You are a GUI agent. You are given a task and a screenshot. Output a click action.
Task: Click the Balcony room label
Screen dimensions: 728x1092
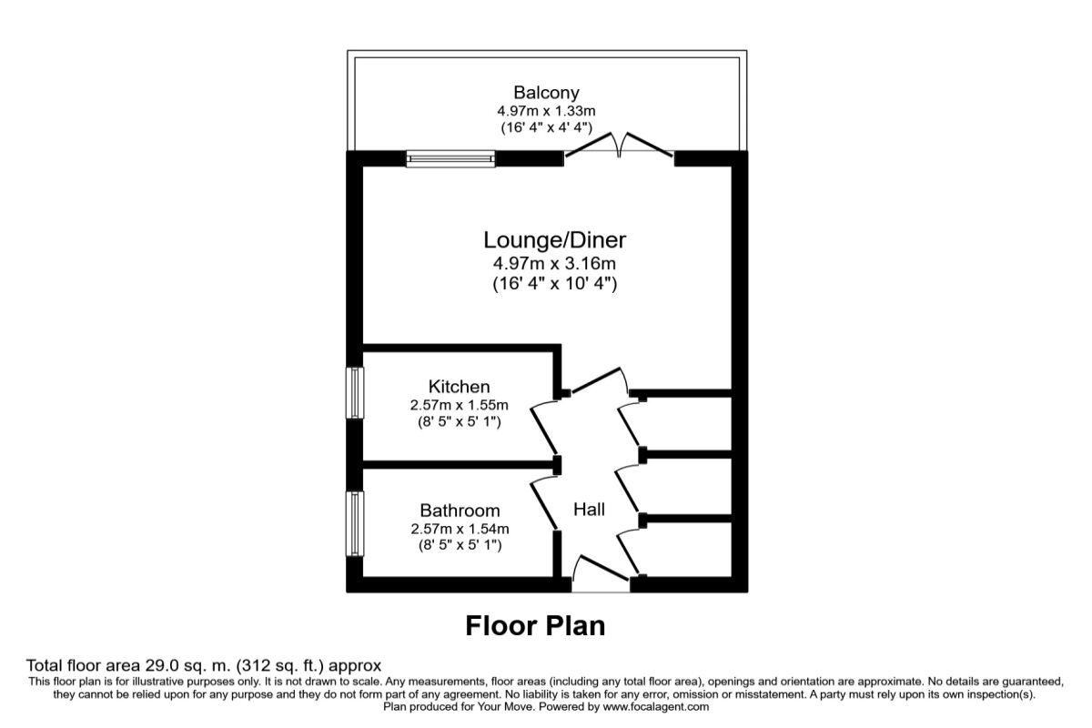[546, 92]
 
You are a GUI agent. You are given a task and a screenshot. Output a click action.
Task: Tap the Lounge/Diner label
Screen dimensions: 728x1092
[554, 240]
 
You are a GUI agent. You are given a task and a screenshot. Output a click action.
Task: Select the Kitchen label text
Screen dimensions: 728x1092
[459, 387]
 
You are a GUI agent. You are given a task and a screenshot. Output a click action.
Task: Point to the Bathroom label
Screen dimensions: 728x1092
[460, 511]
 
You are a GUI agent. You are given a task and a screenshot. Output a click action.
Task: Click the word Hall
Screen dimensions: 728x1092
[589, 510]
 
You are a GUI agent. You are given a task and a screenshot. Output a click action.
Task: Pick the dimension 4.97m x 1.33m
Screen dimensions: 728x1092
[546, 111]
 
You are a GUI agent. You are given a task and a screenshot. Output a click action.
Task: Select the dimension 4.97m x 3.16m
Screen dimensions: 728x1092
[554, 264]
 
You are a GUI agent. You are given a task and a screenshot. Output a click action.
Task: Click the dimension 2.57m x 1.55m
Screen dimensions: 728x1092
[459, 405]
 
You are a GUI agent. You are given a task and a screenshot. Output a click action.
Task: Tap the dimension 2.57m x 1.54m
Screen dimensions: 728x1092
[459, 529]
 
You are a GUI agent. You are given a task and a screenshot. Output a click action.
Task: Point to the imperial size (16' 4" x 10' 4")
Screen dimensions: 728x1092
[554, 284]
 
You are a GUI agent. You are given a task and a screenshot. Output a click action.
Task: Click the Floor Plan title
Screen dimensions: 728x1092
[535, 626]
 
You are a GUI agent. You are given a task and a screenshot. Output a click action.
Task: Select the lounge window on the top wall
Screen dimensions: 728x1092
[450, 159]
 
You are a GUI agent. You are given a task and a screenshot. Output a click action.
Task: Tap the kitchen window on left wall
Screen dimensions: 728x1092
[355, 392]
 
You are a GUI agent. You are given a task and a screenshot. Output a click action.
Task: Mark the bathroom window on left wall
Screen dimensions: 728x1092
[355, 523]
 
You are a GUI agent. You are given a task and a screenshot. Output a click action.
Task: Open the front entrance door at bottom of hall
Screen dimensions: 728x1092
[602, 575]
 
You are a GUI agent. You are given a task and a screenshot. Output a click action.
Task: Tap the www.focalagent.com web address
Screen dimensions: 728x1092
[654, 706]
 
